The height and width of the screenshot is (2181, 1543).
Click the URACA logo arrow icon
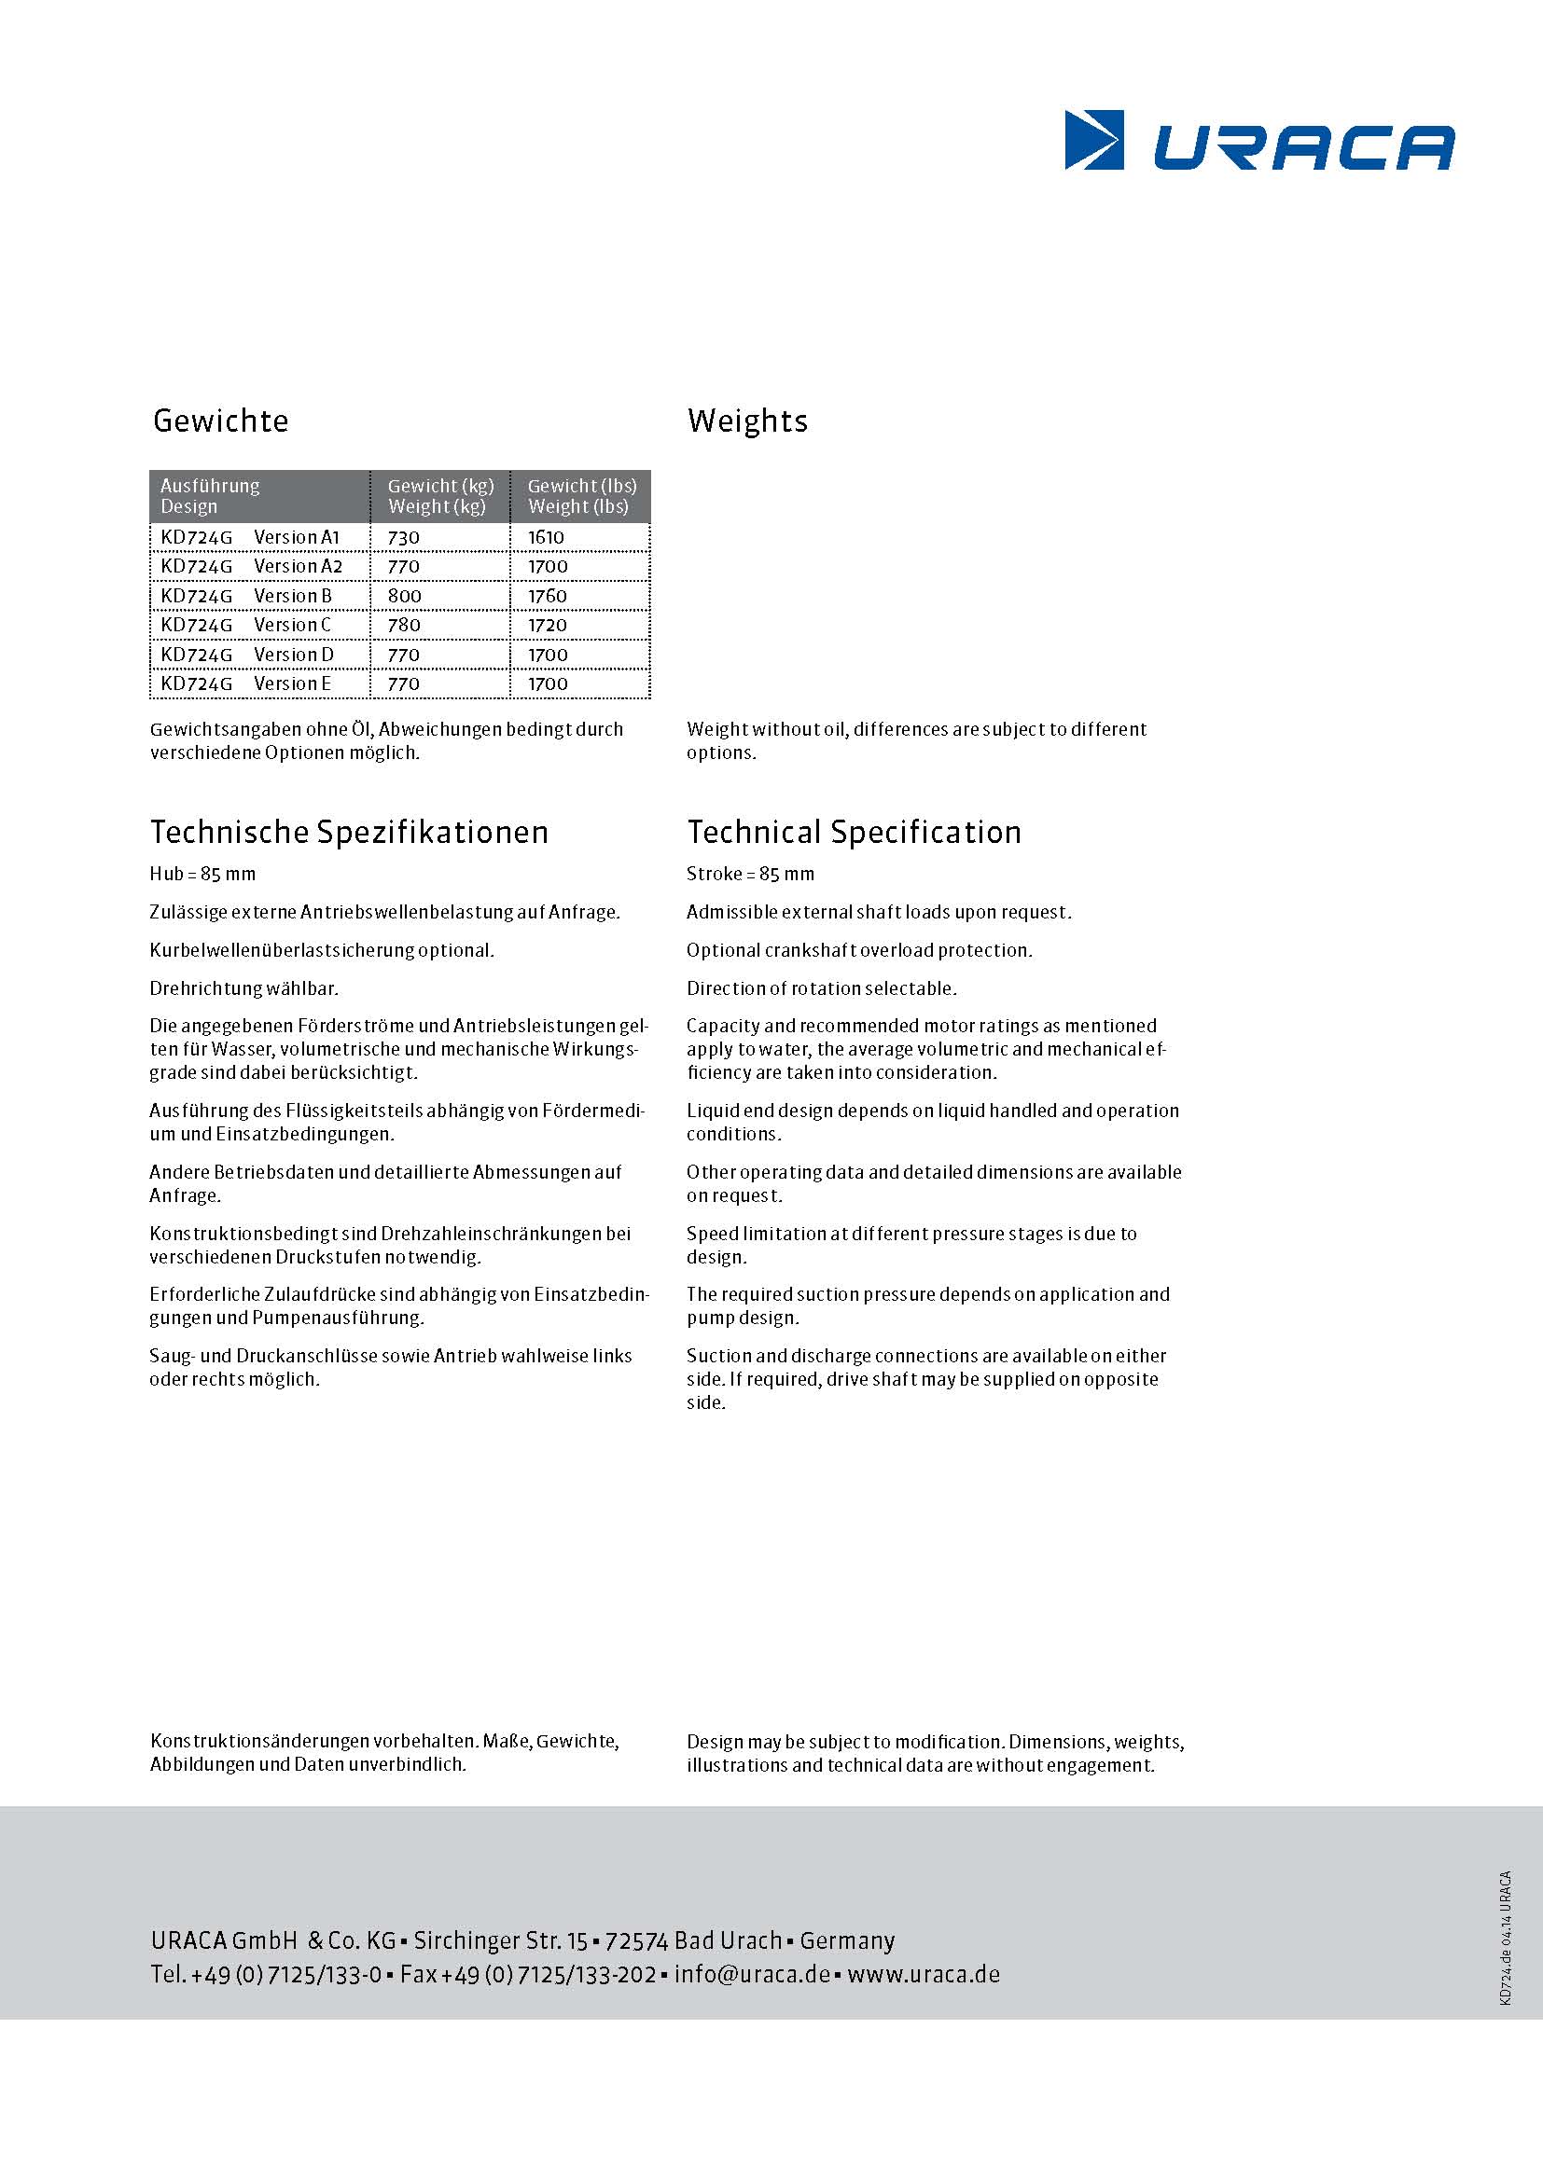[x=1093, y=141]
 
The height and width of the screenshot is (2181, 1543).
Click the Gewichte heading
[x=220, y=421]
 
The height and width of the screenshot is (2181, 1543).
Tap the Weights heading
[x=747, y=421]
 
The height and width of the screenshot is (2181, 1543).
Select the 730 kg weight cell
[x=404, y=538]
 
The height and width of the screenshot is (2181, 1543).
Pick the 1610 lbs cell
[x=547, y=538]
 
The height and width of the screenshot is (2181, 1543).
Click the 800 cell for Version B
[x=405, y=597]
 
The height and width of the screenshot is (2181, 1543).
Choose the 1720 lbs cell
[x=548, y=626]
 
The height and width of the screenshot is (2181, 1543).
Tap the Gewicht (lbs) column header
[x=581, y=496]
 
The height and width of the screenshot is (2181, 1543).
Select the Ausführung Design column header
[x=210, y=496]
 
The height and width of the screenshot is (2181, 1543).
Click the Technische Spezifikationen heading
[x=349, y=832]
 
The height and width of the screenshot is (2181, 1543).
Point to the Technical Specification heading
[x=854, y=832]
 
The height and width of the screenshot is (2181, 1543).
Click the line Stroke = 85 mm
[x=750, y=874]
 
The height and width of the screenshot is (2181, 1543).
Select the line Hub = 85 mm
[x=202, y=874]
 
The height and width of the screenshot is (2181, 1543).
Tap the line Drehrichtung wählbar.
[x=243, y=988]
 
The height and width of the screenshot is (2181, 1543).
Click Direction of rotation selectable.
[x=821, y=988]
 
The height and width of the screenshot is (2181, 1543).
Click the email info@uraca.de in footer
[x=752, y=1974]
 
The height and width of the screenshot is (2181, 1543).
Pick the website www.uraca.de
[x=924, y=1974]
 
